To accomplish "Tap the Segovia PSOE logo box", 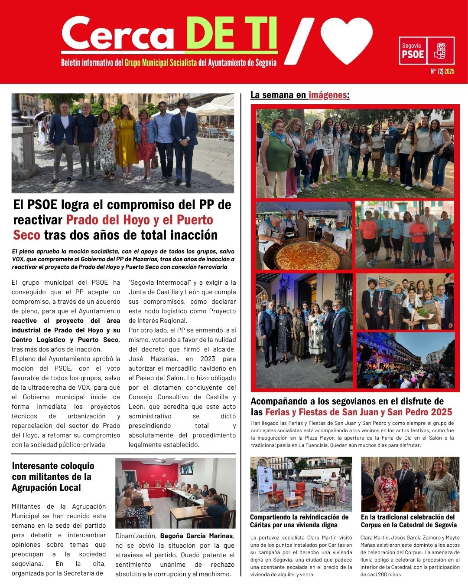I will pyautogui.click(x=426, y=51).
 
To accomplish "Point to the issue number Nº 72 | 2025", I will pyautogui.click(x=442, y=72).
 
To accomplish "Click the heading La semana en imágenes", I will pyautogui.click(x=300, y=95).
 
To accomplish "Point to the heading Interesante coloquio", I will pyautogui.click(x=53, y=466).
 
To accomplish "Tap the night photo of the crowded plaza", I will pyautogui.click(x=406, y=360).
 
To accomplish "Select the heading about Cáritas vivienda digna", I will pyautogui.click(x=299, y=521).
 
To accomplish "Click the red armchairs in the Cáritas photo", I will pyautogui.click(x=286, y=493).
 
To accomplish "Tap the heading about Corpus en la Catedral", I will pyautogui.click(x=409, y=521).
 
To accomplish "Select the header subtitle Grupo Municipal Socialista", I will pyautogui.click(x=161, y=63).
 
